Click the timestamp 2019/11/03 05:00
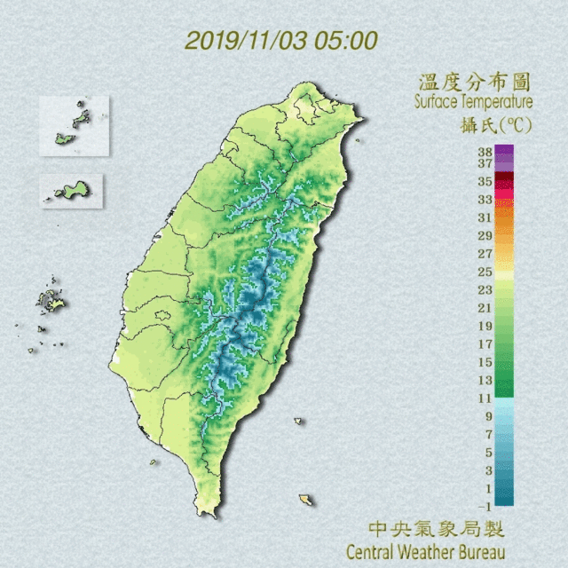pyautogui.click(x=281, y=41)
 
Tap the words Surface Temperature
pyautogui.click(x=473, y=103)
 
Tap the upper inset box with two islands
pyautogui.click(x=74, y=125)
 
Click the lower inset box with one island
pyautogui.click(x=71, y=190)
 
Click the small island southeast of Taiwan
pyautogui.click(x=306, y=500)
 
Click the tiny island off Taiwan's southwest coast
pyautogui.click(x=154, y=461)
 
